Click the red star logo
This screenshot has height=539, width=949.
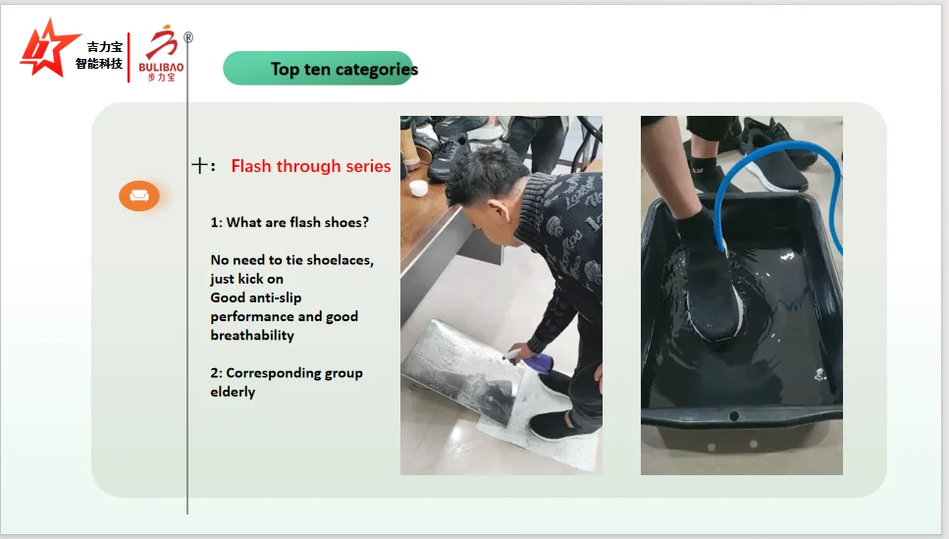coord(48,48)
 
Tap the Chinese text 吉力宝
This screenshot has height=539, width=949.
coord(104,46)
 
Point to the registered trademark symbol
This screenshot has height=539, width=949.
coord(188,37)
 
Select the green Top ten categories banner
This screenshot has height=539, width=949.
coord(319,69)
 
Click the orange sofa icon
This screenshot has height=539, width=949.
coord(139,195)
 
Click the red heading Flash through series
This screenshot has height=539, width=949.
coord(310,166)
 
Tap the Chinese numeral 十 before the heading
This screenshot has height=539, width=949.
coord(199,166)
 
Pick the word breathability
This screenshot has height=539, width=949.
coord(252,335)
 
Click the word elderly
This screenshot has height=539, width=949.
coord(233,392)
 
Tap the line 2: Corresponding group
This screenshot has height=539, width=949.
coord(286,373)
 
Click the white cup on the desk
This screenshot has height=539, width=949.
coord(418,187)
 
